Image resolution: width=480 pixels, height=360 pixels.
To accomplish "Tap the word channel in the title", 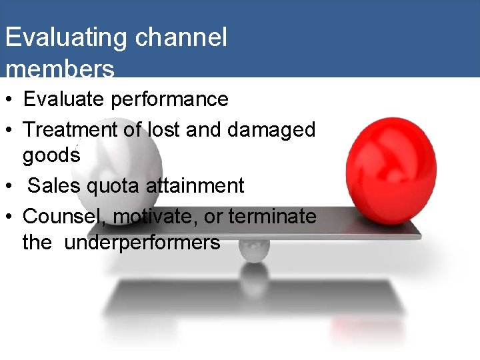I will (181, 37).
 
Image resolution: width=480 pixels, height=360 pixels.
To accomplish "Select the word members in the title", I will (59, 69).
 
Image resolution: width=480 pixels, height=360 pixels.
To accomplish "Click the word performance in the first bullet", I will (169, 99).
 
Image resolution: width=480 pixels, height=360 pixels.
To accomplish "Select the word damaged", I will (271, 129).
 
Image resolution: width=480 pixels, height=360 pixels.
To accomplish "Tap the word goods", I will (51, 155).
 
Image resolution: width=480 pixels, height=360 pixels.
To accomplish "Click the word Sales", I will (53, 185).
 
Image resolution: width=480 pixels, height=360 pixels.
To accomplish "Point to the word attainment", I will (195, 185).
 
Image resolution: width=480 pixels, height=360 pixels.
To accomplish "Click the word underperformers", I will (142, 242).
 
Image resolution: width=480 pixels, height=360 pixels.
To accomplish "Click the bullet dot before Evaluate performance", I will (11, 100).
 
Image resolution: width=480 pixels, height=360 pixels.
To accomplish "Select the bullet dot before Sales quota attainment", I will (11, 186).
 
